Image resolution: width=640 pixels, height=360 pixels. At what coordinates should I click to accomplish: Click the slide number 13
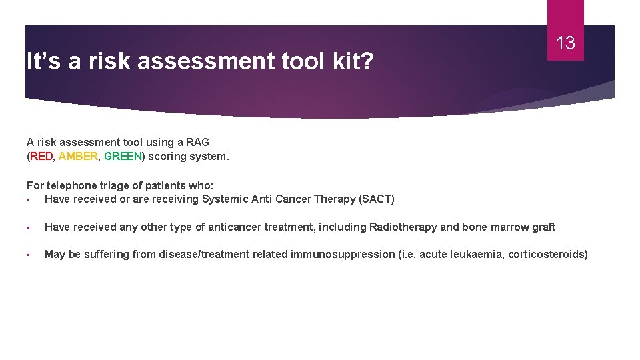(x=565, y=44)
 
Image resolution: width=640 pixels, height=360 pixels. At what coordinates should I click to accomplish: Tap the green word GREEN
(x=123, y=157)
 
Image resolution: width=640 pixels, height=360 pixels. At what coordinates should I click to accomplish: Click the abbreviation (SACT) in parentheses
(x=377, y=199)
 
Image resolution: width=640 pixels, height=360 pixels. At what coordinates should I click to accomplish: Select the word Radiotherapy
(x=403, y=227)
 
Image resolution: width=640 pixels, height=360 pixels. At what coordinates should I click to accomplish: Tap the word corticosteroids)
(x=547, y=254)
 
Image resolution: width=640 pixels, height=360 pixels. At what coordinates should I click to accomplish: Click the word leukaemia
(x=477, y=254)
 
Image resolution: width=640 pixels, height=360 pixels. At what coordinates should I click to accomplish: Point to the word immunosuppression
(x=337, y=254)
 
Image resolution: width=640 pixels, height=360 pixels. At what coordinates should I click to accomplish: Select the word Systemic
(x=224, y=199)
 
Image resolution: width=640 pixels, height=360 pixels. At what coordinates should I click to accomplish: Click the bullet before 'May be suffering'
(x=29, y=255)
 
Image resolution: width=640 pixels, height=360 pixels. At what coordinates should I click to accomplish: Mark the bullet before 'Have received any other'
(x=29, y=227)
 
